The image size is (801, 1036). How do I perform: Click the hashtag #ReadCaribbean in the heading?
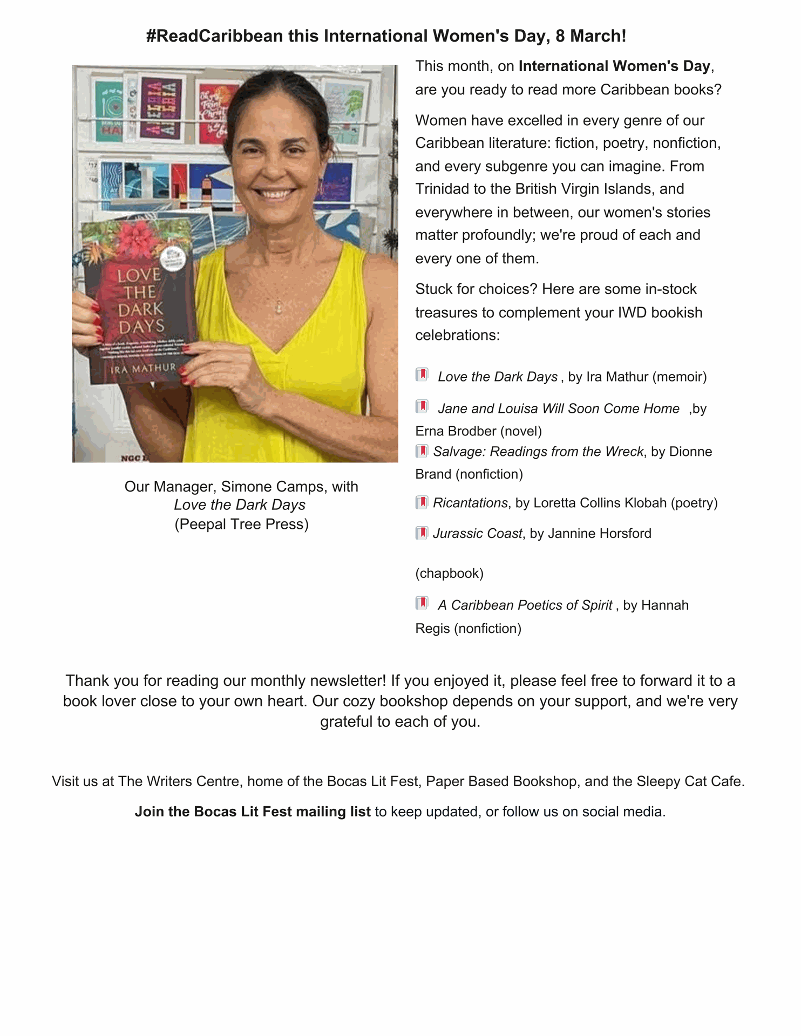(x=214, y=36)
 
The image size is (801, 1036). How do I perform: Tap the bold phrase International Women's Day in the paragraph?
(x=614, y=66)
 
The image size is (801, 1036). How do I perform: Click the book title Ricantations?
(x=470, y=503)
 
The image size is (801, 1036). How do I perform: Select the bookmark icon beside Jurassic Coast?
(x=422, y=533)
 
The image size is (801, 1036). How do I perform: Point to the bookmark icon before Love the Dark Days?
(x=422, y=375)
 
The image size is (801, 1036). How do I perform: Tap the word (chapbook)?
(x=449, y=573)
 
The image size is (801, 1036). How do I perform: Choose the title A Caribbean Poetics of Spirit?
(x=525, y=605)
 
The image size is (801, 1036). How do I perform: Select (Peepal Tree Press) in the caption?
(x=241, y=524)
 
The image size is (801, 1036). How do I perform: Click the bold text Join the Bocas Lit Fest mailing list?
(x=253, y=812)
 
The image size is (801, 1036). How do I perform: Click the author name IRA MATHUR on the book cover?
(x=143, y=369)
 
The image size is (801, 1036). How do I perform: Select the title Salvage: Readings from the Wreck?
(x=538, y=452)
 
